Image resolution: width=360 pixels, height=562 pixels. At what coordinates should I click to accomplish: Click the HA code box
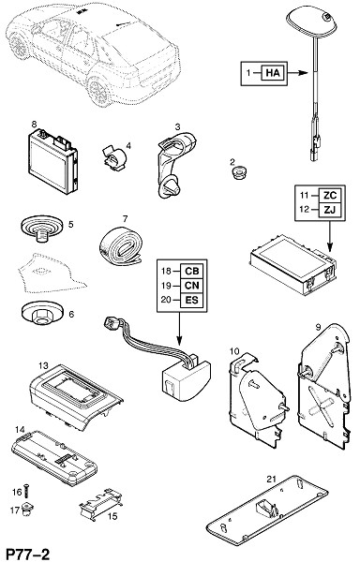[x=273, y=73]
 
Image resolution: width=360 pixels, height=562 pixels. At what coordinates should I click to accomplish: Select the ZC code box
[x=330, y=196]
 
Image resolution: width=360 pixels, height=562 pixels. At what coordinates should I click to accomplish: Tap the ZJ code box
[x=330, y=210]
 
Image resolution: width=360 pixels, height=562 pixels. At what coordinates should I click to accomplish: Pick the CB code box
[x=192, y=271]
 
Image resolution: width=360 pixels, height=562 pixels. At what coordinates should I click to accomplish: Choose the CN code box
[x=192, y=286]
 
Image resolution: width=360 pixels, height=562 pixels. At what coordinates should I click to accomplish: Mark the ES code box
[x=192, y=300]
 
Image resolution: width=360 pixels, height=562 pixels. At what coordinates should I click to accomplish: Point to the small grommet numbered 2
[x=237, y=173]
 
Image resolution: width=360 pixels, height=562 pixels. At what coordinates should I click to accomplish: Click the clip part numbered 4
[x=115, y=158]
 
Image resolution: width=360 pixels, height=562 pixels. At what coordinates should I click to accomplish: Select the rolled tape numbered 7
[x=121, y=244]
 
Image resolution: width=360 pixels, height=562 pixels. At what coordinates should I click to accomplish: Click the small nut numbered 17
[x=27, y=508]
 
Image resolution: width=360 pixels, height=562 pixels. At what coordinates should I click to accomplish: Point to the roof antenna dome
[x=312, y=22]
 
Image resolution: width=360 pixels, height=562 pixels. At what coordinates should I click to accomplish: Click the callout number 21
[x=272, y=479]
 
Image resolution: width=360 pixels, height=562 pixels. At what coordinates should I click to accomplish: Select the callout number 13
[x=43, y=365]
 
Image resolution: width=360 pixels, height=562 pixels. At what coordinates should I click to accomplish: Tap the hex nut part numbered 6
[x=43, y=312]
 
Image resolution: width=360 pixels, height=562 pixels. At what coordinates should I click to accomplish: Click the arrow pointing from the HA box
[x=297, y=73]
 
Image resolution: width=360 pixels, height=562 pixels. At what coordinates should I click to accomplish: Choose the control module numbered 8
[x=52, y=161]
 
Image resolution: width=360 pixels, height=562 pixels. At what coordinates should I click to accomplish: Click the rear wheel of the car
[x=97, y=92]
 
